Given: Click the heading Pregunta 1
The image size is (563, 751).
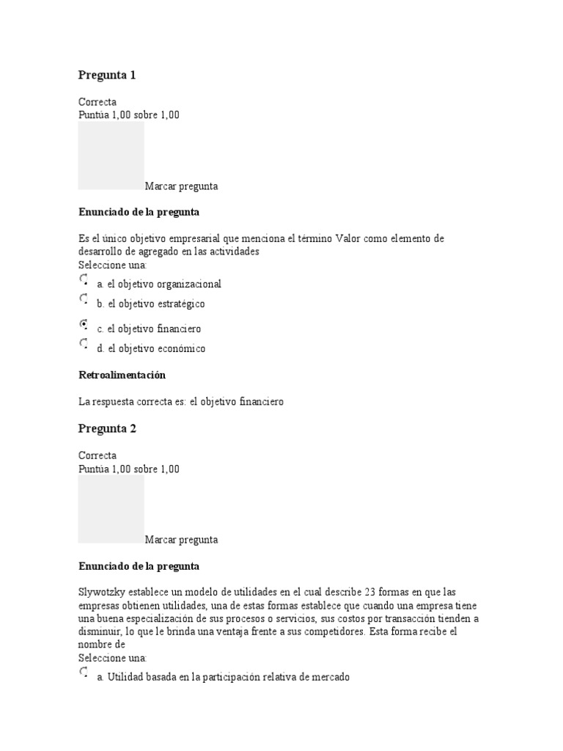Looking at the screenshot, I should pyautogui.click(x=107, y=75).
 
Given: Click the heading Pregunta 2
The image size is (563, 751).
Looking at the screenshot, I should pyautogui.click(x=107, y=428).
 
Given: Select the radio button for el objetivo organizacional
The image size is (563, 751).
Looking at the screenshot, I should pyautogui.click(x=83, y=280).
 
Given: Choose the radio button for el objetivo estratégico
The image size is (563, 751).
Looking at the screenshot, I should pyautogui.click(x=83, y=300).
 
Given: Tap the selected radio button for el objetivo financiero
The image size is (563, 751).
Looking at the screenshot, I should pyautogui.click(x=83, y=324).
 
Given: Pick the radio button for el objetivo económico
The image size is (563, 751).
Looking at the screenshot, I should pyautogui.click(x=83, y=344).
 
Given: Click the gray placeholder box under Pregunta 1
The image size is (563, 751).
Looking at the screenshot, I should pyautogui.click(x=111, y=155).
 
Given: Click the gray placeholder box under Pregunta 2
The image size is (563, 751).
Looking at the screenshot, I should pyautogui.click(x=111, y=508).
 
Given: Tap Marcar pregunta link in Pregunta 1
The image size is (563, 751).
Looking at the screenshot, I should pyautogui.click(x=181, y=186).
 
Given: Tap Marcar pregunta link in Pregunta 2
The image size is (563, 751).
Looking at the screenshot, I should pyautogui.click(x=181, y=540).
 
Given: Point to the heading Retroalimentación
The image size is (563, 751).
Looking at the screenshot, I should pyautogui.click(x=122, y=375).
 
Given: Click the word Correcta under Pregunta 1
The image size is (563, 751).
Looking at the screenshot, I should pyautogui.click(x=97, y=102).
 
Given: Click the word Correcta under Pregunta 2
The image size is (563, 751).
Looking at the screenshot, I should pyautogui.click(x=97, y=455).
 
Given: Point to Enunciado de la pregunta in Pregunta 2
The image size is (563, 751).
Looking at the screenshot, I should pyautogui.click(x=139, y=567).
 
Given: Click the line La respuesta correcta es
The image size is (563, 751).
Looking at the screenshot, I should pyautogui.click(x=180, y=401).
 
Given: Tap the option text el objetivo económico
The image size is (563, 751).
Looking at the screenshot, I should pyautogui.click(x=156, y=348).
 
